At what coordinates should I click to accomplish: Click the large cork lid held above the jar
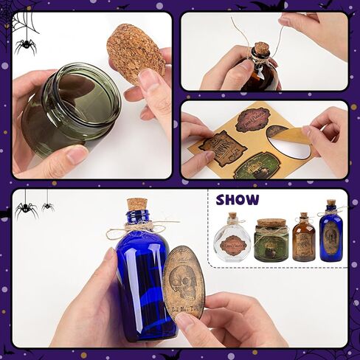tap(136, 53)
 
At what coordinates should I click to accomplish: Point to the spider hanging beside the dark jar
tap(26, 46)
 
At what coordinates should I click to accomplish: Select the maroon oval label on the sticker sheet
tap(252, 119)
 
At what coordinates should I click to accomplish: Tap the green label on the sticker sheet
tap(251, 167)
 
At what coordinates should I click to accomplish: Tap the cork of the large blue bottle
tap(136, 204)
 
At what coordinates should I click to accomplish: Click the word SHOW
tap(238, 200)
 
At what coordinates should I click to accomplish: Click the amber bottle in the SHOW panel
tap(303, 240)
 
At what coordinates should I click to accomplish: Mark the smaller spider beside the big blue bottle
tap(48, 206)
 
